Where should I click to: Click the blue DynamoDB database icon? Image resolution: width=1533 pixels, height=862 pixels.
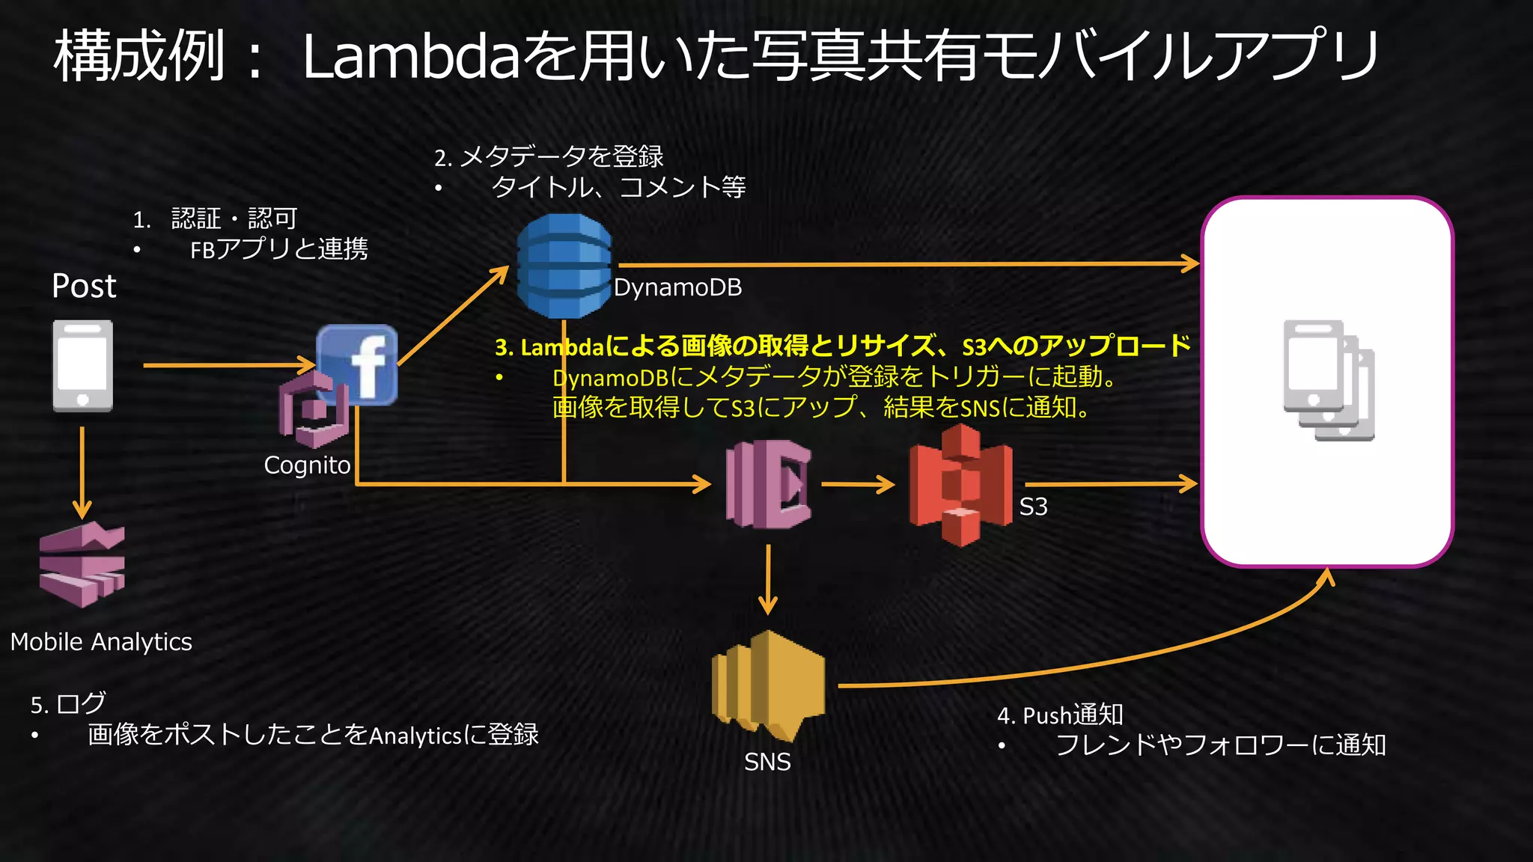[564, 266]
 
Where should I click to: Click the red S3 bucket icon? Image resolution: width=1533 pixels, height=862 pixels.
[960, 484]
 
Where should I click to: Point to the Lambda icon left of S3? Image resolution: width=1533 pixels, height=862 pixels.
[768, 484]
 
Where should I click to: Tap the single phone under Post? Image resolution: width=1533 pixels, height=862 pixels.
[82, 366]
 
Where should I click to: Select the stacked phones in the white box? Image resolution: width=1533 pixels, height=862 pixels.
[1328, 380]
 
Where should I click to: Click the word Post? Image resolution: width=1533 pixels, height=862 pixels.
[84, 286]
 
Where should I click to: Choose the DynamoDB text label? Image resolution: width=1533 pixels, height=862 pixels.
[677, 287]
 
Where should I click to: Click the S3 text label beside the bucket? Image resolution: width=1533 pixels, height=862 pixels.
[1033, 507]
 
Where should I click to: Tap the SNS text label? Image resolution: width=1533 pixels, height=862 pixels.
[767, 762]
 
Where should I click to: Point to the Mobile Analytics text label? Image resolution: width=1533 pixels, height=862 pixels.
[101, 642]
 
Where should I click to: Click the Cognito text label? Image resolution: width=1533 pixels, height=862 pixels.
[307, 465]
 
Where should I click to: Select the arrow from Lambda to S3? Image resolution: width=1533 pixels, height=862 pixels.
[858, 484]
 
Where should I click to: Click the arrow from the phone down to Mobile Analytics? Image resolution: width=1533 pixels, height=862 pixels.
[82, 471]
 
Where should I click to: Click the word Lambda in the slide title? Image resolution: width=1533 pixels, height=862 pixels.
[410, 56]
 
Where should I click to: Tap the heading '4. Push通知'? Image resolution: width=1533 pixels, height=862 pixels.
[1060, 715]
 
